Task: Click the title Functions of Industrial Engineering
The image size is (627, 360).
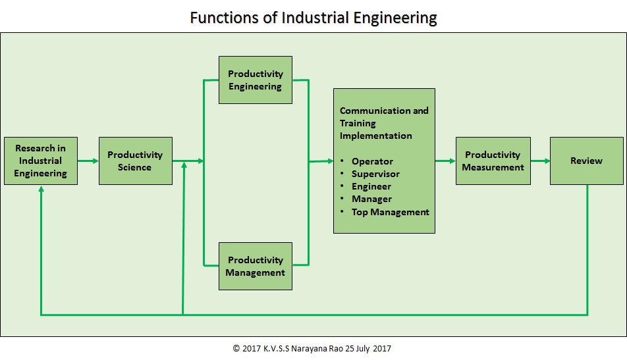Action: coord(313,17)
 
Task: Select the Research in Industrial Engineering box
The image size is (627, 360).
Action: coord(41,161)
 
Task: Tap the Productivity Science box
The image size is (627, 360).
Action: coord(135,161)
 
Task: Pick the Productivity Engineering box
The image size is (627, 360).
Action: coord(256,80)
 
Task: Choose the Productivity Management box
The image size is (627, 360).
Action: coord(256,266)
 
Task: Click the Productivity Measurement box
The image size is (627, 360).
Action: coord(493,161)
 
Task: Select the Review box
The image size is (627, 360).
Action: coord(586,161)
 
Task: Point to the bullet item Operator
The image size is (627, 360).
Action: coord(372,161)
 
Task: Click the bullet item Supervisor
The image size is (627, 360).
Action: coord(375,174)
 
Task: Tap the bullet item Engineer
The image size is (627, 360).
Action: coord(371,186)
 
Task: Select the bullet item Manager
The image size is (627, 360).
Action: coord(371,199)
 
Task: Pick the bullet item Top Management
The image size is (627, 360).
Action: coord(390,212)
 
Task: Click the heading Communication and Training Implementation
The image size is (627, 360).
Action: coord(384,123)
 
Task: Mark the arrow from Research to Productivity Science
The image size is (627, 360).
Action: coord(88,161)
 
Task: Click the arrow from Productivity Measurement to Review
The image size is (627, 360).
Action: coord(540,161)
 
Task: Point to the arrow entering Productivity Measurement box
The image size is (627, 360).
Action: coord(445,161)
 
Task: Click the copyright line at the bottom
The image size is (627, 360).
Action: coord(312,348)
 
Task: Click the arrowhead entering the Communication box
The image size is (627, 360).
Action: coord(329,161)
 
